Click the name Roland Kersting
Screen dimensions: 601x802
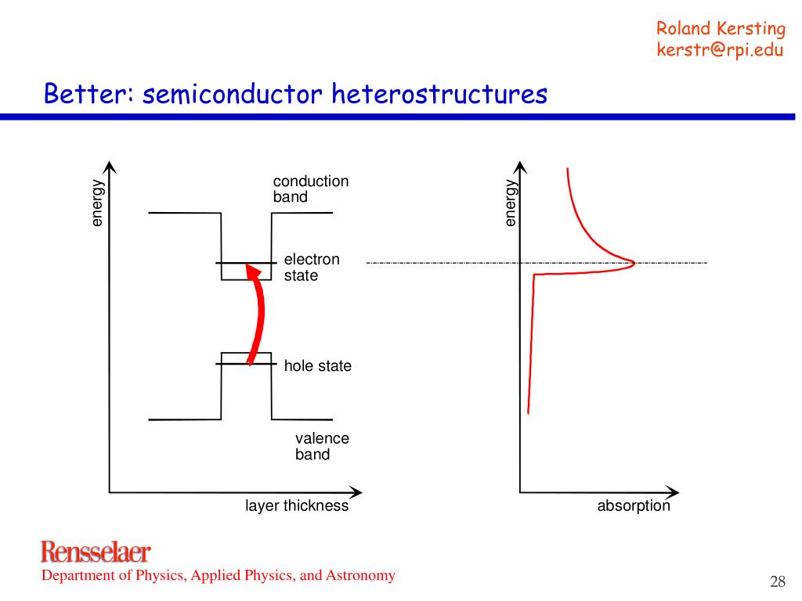pos(720,29)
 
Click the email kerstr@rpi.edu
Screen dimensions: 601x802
pos(720,50)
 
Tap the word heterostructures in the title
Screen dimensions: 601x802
pos(438,94)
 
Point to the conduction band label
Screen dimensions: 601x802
pos(310,189)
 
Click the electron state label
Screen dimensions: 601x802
pos(312,267)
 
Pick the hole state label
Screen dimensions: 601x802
pos(317,365)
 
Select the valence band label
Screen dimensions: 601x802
pos(322,446)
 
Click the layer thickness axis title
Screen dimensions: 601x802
pos(296,506)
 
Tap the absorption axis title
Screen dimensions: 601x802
pos(634,506)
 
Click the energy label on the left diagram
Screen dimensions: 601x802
pos(96,203)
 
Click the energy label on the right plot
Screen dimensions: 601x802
pos(510,203)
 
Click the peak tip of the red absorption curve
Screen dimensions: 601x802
pos(634,264)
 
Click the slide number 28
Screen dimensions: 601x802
pos(777,581)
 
